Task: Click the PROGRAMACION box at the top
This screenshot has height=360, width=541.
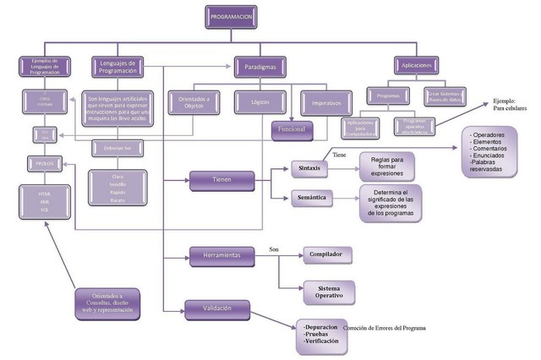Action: (x=229, y=16)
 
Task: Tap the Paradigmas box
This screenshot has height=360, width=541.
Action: (x=260, y=64)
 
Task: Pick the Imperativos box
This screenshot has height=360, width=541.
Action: (x=326, y=104)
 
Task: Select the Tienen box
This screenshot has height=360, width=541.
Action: (x=221, y=178)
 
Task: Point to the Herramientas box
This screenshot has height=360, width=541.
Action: (x=221, y=255)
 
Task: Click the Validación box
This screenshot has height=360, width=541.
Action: (x=218, y=308)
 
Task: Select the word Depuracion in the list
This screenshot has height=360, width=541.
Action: (x=320, y=327)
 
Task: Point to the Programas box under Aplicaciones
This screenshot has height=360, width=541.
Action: (x=389, y=98)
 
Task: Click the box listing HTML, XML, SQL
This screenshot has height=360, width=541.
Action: (x=44, y=205)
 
